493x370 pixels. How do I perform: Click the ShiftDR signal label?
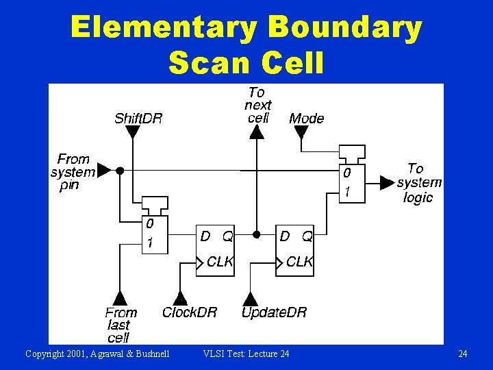pos(138,119)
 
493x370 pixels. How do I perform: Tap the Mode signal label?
pos(306,119)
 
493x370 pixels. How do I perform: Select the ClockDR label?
pos(190,312)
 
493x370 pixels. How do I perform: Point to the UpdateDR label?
pos(274,312)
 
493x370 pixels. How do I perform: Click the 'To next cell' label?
pos(257,105)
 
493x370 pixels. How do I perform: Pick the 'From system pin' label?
pos(73,172)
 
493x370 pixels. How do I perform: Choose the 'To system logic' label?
pos(418,183)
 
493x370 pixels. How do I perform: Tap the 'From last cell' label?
pos(121,325)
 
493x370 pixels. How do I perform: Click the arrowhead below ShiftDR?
pos(133,132)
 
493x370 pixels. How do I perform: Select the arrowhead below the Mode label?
pos(301,132)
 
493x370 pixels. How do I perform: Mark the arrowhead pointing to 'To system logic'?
pos(388,183)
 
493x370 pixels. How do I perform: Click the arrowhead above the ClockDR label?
pos(180,298)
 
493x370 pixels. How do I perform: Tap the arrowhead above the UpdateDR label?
pos(251,298)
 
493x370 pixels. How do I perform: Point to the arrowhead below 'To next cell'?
pos(256,132)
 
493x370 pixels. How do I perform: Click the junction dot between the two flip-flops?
pos(256,234)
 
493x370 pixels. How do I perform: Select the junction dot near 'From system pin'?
pos(120,170)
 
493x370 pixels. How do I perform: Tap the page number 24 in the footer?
pos(463,354)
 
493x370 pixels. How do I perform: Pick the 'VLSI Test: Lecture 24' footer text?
pos(246,354)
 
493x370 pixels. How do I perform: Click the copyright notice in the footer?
pos(97,354)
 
